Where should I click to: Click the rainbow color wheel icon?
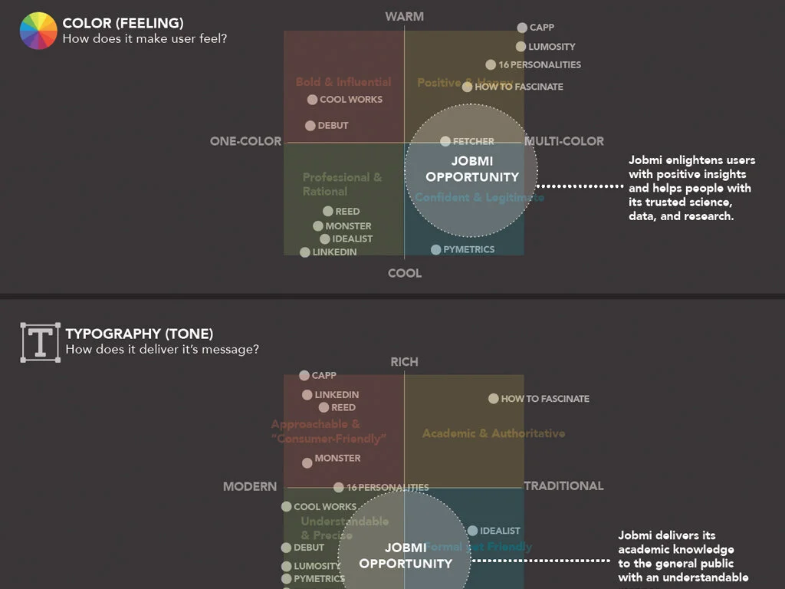pos(38,31)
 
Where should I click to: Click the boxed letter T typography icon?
pos(41,342)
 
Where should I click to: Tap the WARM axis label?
pos(404,16)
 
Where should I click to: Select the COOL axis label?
pos(405,273)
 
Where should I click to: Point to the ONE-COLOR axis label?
pos(245,141)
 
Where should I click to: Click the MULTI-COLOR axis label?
pos(564,141)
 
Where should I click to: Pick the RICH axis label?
pos(404,361)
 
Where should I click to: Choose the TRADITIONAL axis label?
pos(563,485)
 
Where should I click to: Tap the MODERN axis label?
pos(250,486)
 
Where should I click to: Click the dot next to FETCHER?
pos(445,141)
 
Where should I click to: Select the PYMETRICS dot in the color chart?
pos(436,249)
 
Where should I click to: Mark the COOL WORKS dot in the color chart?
pos(312,100)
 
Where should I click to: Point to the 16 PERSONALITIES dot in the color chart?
pos(491,65)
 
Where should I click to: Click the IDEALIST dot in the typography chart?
pos(473,531)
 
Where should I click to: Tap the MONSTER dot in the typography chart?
pos(307,462)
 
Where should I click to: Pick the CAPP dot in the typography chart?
pos(304,376)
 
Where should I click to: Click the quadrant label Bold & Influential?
pos(343,82)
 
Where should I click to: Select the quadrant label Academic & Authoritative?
pos(494,433)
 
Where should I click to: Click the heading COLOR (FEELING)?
pos(123,23)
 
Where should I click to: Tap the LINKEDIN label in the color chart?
pos(334,252)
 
